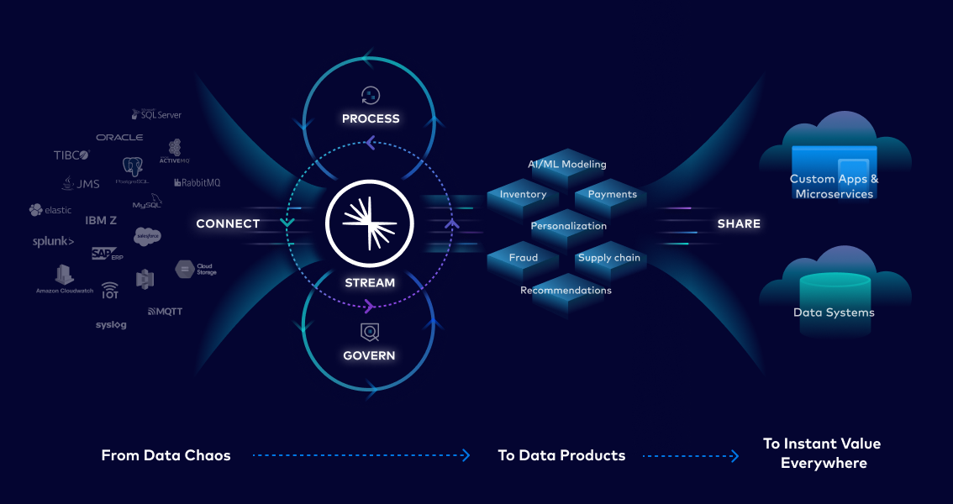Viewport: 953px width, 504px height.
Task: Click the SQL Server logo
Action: (x=156, y=114)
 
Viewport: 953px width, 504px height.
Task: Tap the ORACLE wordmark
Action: (x=119, y=137)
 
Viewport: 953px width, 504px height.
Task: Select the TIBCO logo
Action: (x=71, y=155)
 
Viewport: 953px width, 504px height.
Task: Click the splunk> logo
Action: (x=53, y=242)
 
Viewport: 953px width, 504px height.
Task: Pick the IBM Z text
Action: (x=101, y=220)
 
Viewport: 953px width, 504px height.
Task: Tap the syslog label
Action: (x=111, y=325)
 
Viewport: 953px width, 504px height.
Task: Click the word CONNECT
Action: (x=228, y=223)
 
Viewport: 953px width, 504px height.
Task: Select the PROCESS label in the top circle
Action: (x=371, y=118)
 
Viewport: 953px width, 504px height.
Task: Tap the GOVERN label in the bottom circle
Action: (x=369, y=355)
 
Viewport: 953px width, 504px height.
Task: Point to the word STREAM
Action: (x=370, y=283)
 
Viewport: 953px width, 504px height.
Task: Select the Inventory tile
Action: (x=523, y=195)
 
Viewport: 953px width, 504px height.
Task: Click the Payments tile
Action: (x=612, y=195)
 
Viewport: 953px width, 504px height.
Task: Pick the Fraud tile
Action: (x=523, y=258)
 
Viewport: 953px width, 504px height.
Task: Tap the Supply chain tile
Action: (x=609, y=258)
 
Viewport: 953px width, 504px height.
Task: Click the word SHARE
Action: (x=739, y=223)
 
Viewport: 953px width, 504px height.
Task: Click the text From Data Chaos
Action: (x=166, y=455)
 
